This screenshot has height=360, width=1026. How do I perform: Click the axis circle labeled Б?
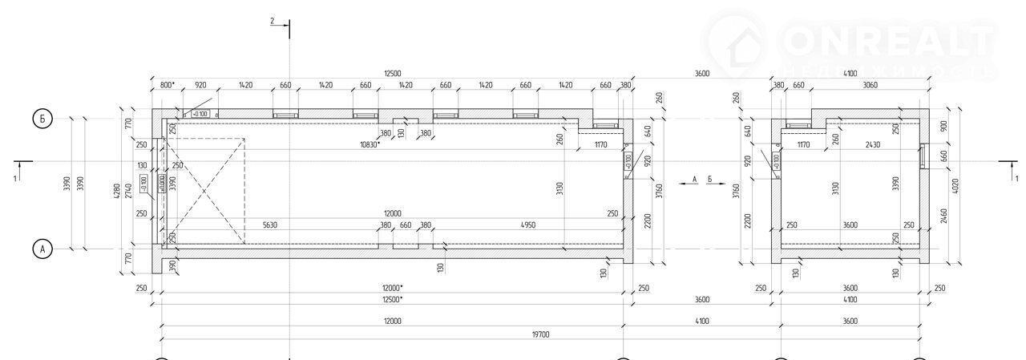[x=43, y=119]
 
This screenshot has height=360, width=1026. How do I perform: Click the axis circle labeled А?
[x=43, y=249]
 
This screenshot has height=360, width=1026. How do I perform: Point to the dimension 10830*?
[x=370, y=144]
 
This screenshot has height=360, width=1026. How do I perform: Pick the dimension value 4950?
[x=527, y=225]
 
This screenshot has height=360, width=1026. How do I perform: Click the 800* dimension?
[x=167, y=84]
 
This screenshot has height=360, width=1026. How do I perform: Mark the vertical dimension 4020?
[x=954, y=186]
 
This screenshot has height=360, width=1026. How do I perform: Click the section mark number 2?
[x=273, y=21]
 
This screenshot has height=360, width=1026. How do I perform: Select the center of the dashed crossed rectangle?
[x=204, y=190]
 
